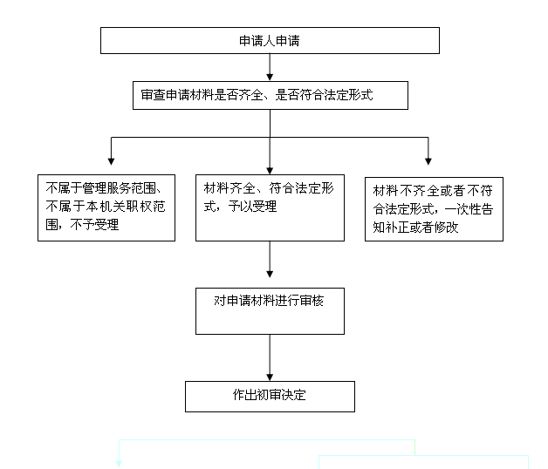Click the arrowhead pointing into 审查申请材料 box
pyautogui.click(x=270, y=78)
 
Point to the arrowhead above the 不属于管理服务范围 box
pyautogui.click(x=111, y=161)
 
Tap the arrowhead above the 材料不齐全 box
pyautogui.click(x=428, y=161)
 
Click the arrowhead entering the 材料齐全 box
pyautogui.click(x=270, y=171)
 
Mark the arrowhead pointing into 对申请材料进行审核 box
pyautogui.click(x=270, y=274)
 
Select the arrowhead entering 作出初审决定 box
pyautogui.click(x=270, y=377)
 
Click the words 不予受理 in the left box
pyautogui.click(x=94, y=225)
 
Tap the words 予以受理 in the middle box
pyautogui.click(x=252, y=207)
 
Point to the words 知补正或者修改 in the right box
pyautogui.click(x=415, y=228)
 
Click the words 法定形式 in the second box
pyautogui.click(x=348, y=95)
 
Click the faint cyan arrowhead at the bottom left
pyautogui.click(x=119, y=464)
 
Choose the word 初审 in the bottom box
pyautogui.click(x=269, y=395)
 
